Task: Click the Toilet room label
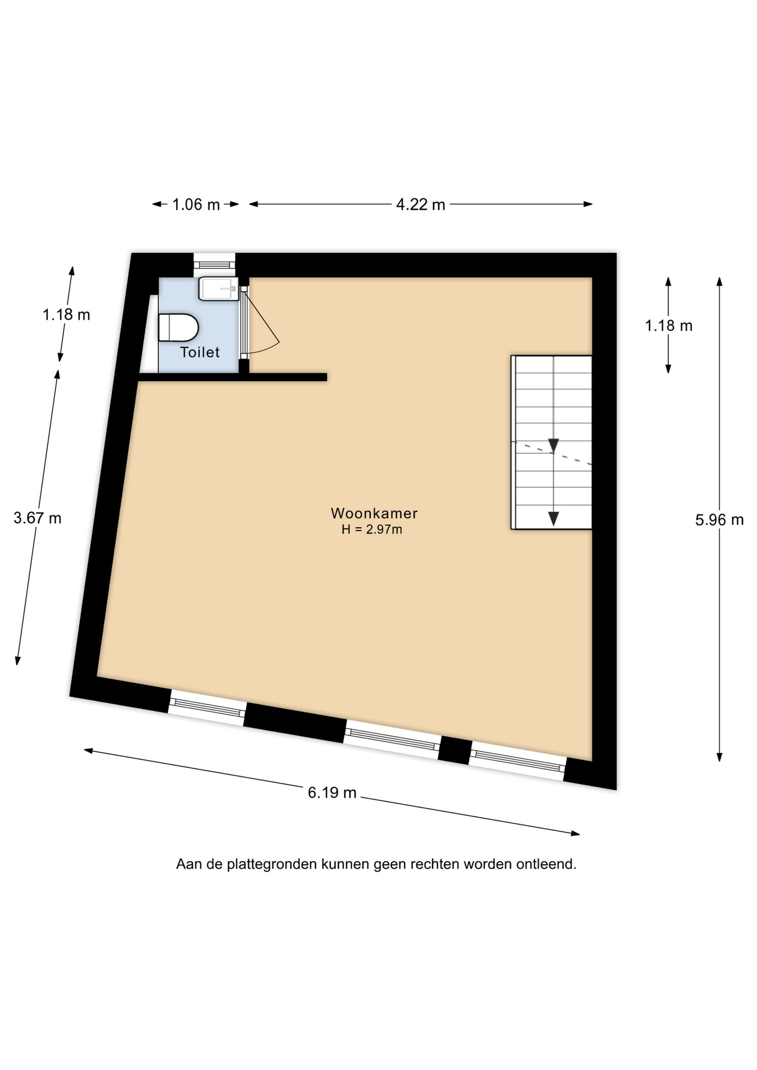tap(200, 352)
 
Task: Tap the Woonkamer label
tap(374, 513)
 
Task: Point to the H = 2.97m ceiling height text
tap(372, 529)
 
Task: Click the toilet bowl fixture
tap(178, 327)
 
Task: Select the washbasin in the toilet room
tap(219, 289)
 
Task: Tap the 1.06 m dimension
tap(196, 205)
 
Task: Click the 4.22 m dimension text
tap(420, 205)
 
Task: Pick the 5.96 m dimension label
tap(719, 520)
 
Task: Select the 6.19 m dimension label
tap(332, 792)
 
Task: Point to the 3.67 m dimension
tap(37, 518)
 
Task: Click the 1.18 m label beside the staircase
tap(668, 325)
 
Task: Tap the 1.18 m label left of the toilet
tap(66, 315)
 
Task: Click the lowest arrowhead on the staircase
tap(553, 519)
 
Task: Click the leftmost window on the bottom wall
tap(207, 708)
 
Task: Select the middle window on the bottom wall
tap(392, 740)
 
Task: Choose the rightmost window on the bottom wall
tap(517, 761)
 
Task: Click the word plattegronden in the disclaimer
tap(271, 864)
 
